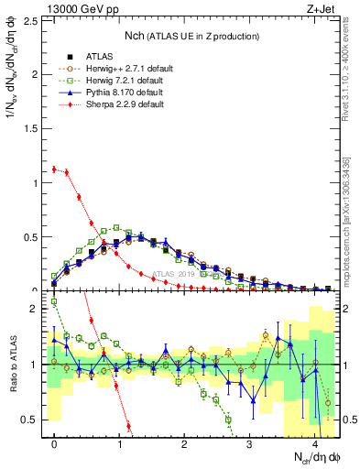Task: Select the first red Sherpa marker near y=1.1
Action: (54, 169)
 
